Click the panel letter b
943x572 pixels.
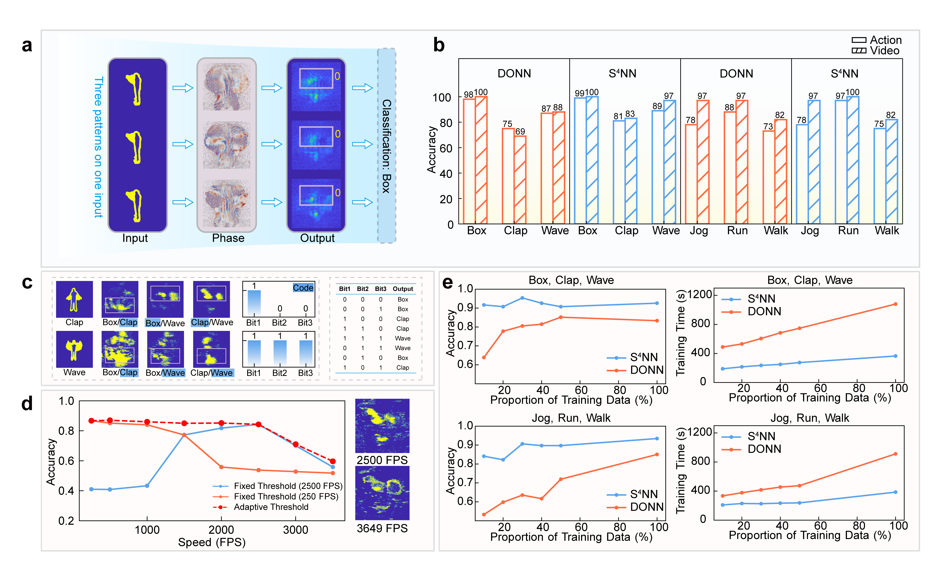[x=439, y=45]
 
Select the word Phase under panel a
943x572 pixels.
[x=228, y=238]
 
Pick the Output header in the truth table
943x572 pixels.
[x=403, y=289]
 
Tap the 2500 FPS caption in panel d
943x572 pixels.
[x=382, y=460]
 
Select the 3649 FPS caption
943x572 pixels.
[x=382, y=528]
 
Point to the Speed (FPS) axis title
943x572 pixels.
[x=212, y=542]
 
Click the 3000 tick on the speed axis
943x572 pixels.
[x=295, y=530]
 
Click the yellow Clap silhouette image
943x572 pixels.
[x=74, y=299]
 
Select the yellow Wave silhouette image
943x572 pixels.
[x=74, y=349]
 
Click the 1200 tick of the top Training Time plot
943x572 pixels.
[x=699, y=295]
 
